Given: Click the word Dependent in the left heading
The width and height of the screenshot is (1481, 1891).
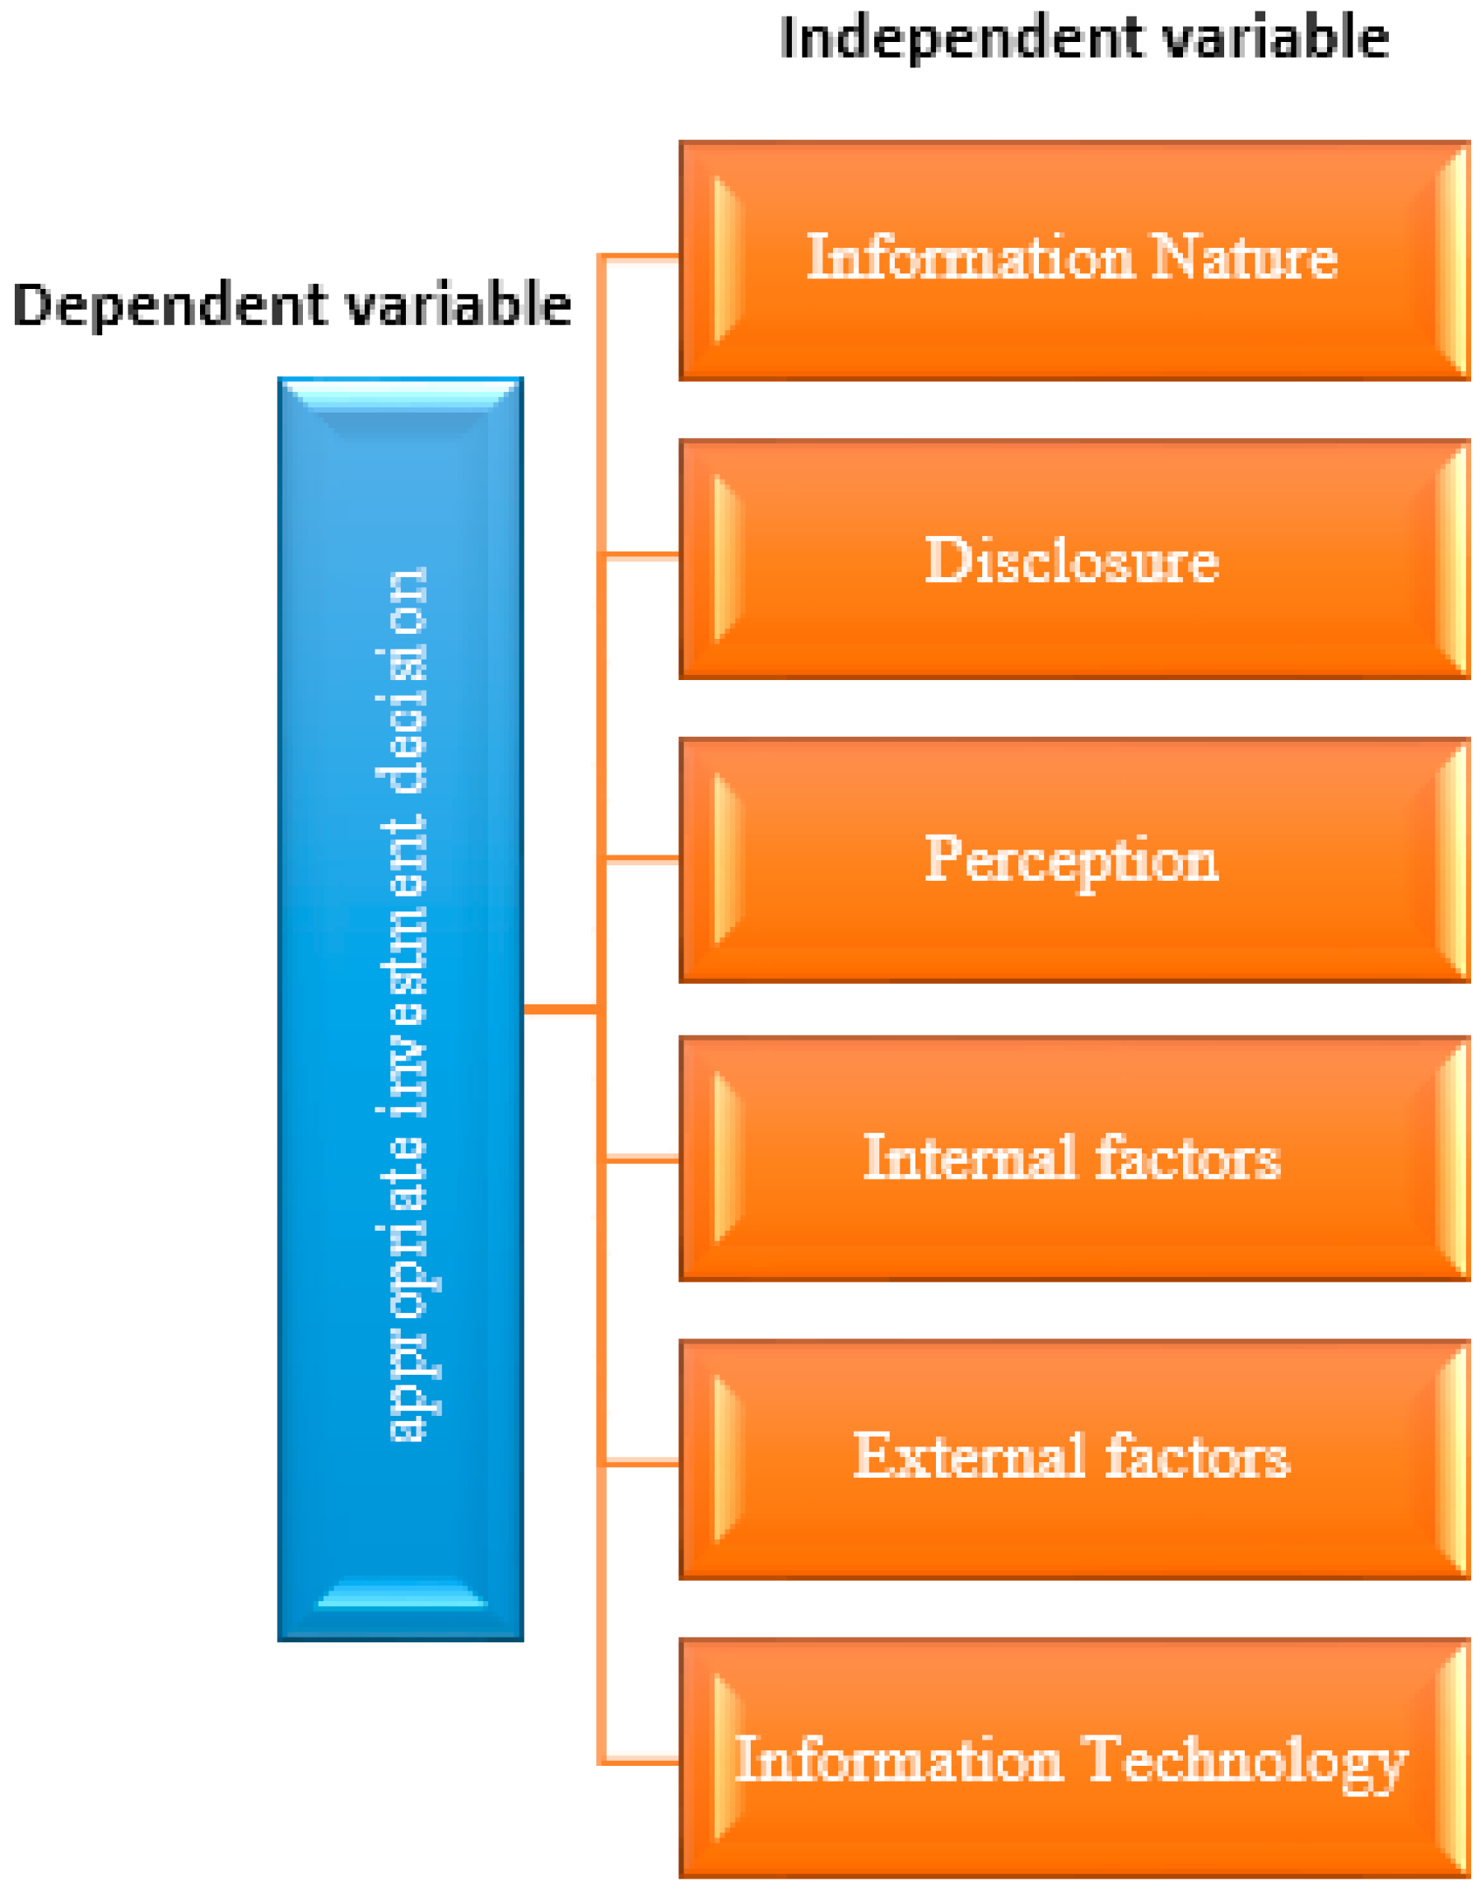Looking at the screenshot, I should click(x=170, y=306).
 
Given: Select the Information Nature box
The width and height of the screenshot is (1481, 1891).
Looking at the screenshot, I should click(x=1073, y=260).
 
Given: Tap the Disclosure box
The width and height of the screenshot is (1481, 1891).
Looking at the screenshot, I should click(x=1073, y=559).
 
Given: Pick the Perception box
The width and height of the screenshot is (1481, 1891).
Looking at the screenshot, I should click(x=1073, y=859).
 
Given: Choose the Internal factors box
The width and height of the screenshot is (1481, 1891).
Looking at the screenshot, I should click(x=1073, y=1158).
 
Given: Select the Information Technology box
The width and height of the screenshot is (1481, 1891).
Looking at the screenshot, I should click(x=1073, y=1759).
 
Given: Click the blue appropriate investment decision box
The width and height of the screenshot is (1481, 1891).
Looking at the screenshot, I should click(x=401, y=1006).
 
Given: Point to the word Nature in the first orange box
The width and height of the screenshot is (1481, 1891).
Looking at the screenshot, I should click(x=1243, y=258).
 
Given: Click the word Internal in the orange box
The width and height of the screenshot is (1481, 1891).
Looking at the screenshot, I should click(x=970, y=1157).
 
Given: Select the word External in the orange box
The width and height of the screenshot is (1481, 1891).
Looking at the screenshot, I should click(x=970, y=1456).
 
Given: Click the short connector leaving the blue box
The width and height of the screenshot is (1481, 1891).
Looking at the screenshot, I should click(x=560, y=1008).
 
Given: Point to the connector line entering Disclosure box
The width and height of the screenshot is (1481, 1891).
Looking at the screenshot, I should click(x=641, y=555).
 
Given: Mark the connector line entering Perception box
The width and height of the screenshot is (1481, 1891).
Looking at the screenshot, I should click(x=641, y=859).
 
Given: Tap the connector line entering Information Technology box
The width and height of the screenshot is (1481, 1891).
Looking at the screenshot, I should click(x=641, y=1762).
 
